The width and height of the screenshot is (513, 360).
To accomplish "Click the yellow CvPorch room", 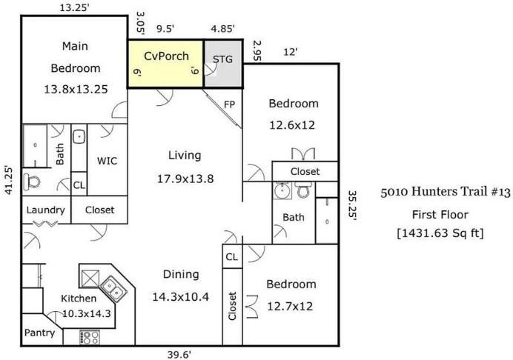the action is pyautogui.click(x=165, y=64).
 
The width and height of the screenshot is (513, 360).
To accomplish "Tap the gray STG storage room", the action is pyautogui.click(x=223, y=64).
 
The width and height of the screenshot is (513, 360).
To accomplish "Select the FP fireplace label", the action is pyautogui.click(x=229, y=104).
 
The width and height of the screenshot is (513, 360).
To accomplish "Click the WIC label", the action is pyautogui.click(x=107, y=161).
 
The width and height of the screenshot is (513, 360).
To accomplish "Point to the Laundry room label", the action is pyautogui.click(x=45, y=210).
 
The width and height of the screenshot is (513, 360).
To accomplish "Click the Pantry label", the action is pyautogui.click(x=39, y=333).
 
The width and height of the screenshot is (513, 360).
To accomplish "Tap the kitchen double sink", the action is pyautogui.click(x=113, y=289).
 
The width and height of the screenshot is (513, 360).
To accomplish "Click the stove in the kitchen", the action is pyautogui.click(x=90, y=337).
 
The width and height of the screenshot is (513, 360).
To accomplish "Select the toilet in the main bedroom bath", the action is pyautogui.click(x=32, y=181).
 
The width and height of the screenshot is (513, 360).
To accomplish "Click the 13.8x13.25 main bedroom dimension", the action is pyautogui.click(x=76, y=90).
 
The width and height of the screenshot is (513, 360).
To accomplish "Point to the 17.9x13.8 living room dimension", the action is pyautogui.click(x=185, y=179).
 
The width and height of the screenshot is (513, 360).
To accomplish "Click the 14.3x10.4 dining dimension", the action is pyautogui.click(x=181, y=297).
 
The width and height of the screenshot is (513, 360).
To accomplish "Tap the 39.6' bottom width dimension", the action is pyautogui.click(x=179, y=354).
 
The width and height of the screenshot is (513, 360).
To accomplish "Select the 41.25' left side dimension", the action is pyautogui.click(x=9, y=181).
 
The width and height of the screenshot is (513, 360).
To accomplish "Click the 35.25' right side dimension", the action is pyautogui.click(x=352, y=206).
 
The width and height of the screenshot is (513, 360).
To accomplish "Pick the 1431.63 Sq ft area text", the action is pyautogui.click(x=440, y=233).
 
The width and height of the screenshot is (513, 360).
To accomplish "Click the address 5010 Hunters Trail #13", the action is pyautogui.click(x=446, y=192).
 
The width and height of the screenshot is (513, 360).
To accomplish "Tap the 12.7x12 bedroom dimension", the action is pyautogui.click(x=290, y=307).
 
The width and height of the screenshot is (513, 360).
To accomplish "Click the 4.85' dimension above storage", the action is pyautogui.click(x=223, y=29).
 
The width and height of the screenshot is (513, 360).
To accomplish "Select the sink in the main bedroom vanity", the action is pyautogui.click(x=79, y=137).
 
